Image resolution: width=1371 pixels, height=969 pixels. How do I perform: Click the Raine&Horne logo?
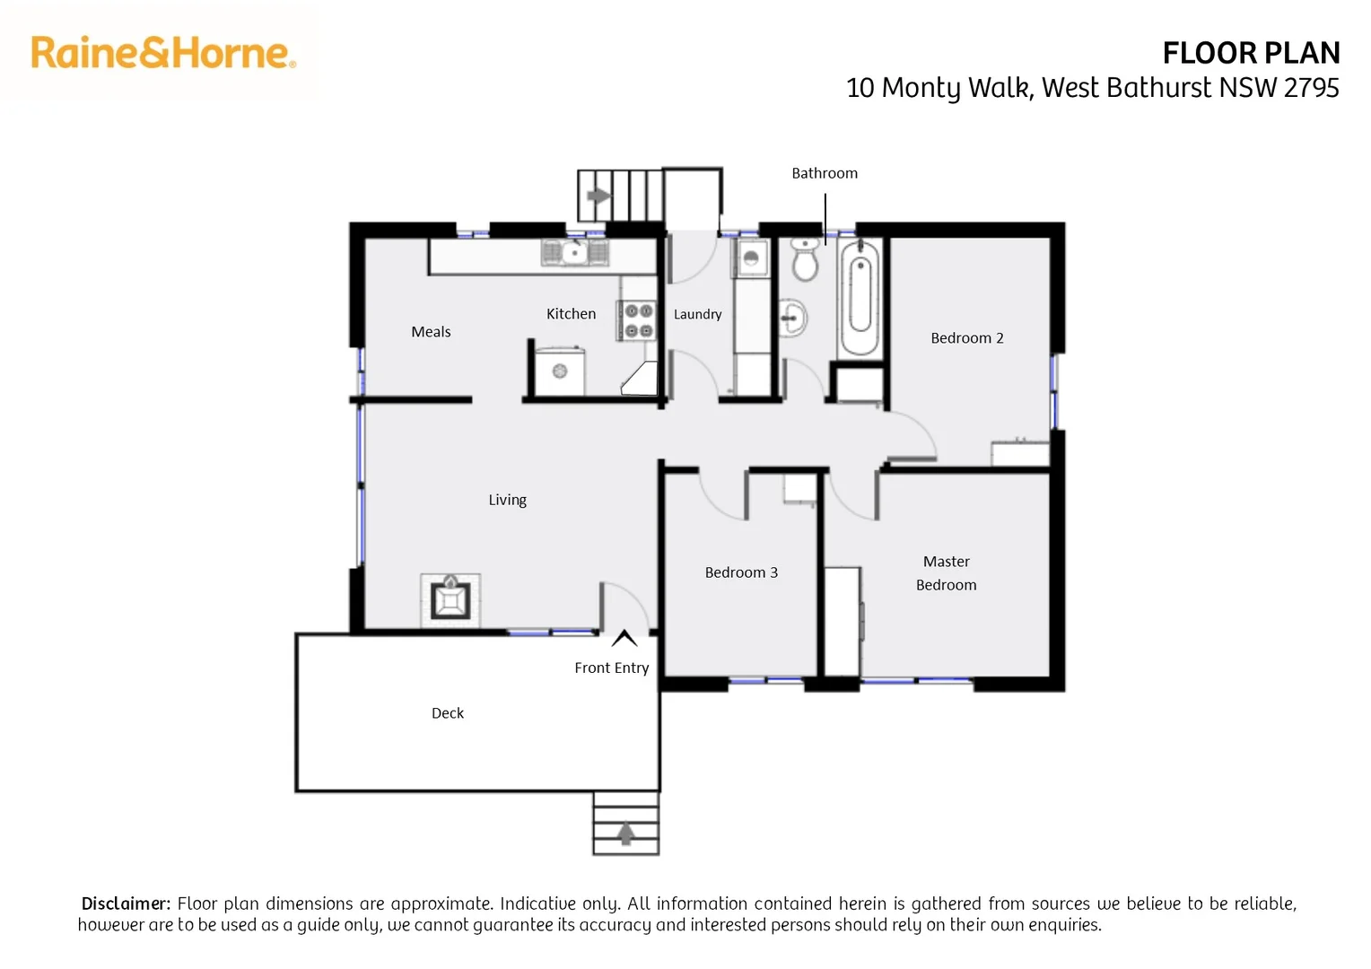click(163, 53)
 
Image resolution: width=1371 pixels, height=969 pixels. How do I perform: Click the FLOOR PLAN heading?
click(1250, 54)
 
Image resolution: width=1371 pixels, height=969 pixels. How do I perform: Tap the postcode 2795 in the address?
click(1311, 88)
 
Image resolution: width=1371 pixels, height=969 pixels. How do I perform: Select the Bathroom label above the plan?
click(824, 173)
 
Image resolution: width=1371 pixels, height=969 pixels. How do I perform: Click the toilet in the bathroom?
click(805, 261)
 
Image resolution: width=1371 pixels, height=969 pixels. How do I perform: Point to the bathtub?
click(860, 296)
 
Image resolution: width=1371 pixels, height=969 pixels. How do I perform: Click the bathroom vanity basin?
click(792, 318)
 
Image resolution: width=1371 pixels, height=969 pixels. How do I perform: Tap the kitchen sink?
click(574, 253)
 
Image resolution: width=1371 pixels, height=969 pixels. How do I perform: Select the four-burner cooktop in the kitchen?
click(638, 320)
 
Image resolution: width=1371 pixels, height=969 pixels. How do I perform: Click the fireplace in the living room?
click(450, 599)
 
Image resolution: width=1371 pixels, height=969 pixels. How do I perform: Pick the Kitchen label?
click(571, 314)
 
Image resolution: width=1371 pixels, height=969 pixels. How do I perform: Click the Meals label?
click(431, 332)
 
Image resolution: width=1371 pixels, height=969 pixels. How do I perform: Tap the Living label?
click(507, 500)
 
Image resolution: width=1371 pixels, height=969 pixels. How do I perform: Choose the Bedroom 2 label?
click(966, 338)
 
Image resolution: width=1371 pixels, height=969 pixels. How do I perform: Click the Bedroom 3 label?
click(741, 572)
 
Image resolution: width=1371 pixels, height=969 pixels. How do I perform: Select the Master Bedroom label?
click(946, 573)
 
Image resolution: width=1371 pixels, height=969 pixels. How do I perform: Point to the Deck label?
click(447, 713)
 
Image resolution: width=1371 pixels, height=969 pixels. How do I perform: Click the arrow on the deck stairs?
click(625, 834)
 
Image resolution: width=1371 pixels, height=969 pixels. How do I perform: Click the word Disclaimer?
click(125, 904)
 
